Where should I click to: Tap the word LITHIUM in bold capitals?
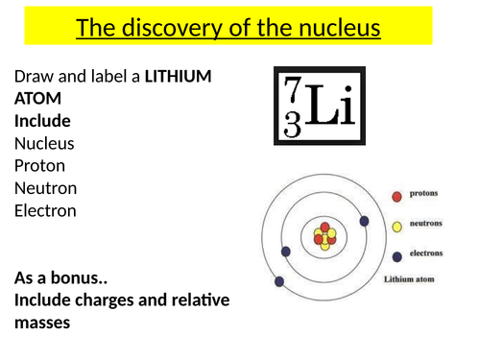pos(179,76)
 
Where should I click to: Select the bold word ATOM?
pos(36,99)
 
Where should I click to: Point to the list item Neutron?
pos(46,187)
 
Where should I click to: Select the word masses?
pos(44,324)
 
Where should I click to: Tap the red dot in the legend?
pos(396,196)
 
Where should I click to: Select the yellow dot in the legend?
pos(396,227)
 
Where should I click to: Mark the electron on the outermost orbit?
pos(279,282)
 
